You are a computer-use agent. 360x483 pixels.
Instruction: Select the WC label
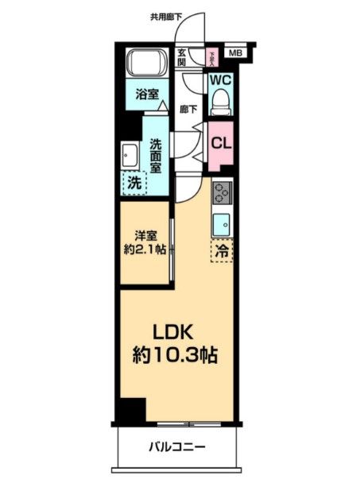click(x=219, y=80)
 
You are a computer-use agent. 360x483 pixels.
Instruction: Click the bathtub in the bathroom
click(x=145, y=64)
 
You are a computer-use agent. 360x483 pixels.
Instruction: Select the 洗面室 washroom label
click(x=157, y=156)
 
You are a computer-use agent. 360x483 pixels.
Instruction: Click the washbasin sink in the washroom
click(x=130, y=154)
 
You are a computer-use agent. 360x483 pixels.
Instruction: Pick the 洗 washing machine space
click(x=135, y=183)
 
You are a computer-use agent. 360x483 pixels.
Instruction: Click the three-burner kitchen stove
click(x=222, y=191)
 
